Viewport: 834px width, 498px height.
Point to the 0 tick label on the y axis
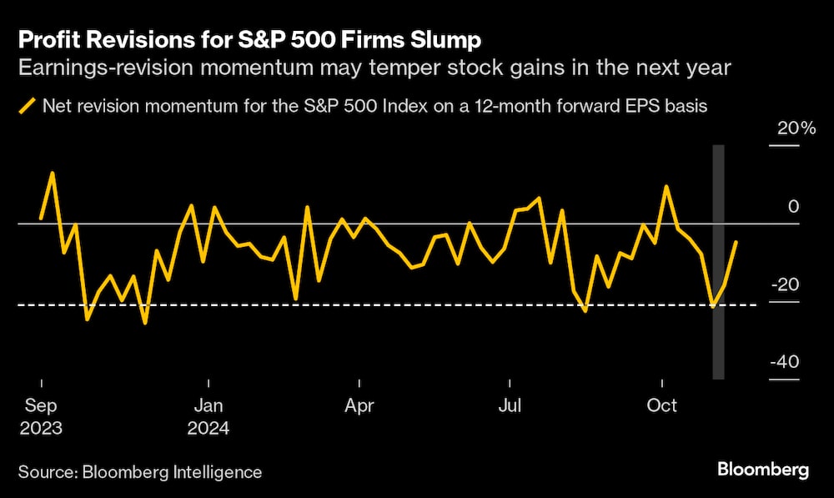point(795,207)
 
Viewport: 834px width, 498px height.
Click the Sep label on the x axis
point(41,407)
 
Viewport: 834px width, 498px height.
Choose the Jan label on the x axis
point(207,407)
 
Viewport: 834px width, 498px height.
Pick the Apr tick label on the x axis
point(359,407)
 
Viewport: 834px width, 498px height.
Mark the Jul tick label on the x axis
point(510,407)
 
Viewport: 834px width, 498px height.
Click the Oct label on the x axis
point(662,407)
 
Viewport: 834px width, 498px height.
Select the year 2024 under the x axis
point(208,429)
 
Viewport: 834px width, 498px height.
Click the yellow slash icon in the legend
point(28,106)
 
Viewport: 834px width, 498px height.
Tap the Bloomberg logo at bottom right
point(763,470)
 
